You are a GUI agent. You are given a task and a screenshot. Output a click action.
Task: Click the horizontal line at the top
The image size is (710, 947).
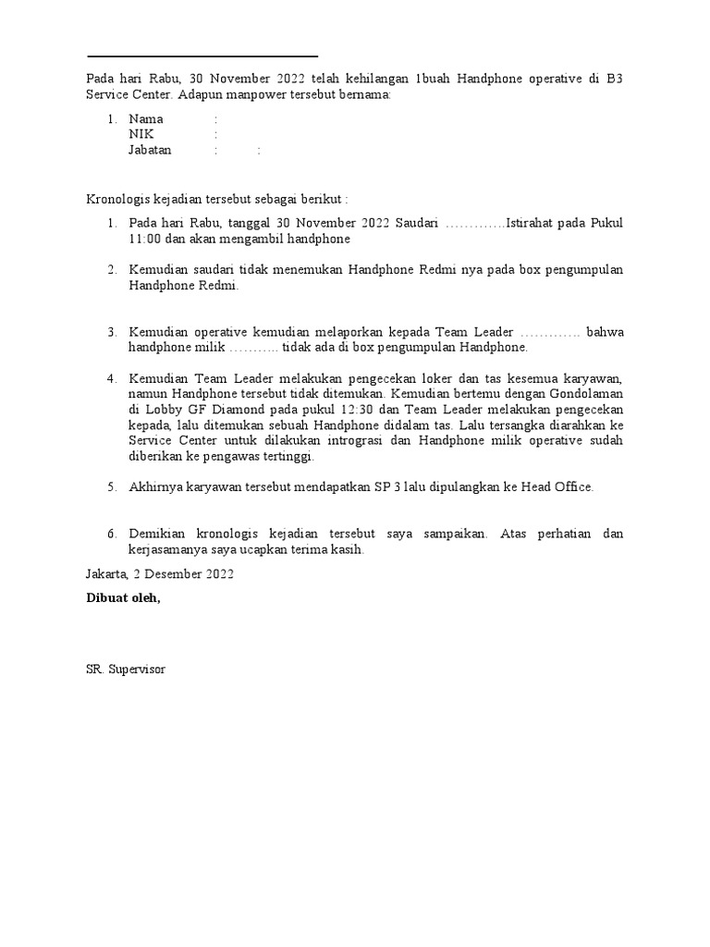[x=202, y=56]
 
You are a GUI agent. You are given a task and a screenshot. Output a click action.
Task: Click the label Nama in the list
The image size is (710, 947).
[x=146, y=119]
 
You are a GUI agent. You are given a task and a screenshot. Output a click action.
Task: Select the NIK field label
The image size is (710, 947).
[x=141, y=135]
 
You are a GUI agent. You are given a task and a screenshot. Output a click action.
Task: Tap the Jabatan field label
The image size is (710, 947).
[x=151, y=151]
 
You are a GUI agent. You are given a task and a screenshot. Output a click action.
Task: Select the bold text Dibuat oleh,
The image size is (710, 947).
[x=123, y=598]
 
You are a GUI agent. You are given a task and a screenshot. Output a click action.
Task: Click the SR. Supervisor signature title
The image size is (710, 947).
[x=126, y=668]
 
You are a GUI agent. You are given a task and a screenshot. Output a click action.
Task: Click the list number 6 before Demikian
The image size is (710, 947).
[x=110, y=535]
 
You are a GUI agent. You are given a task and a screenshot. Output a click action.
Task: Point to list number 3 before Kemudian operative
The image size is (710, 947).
[x=110, y=332]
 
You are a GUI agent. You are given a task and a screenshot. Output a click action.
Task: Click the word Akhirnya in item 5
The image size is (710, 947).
[x=156, y=486]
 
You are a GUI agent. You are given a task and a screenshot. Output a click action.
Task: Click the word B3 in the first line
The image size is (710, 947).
[x=614, y=79]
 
